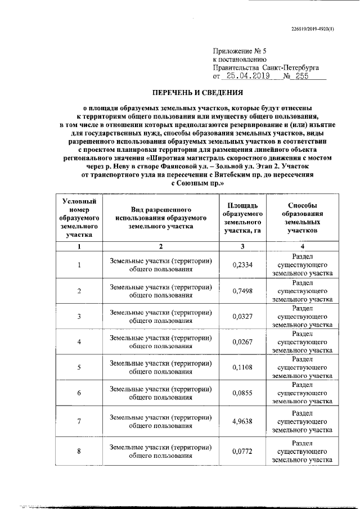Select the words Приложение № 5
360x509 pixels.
pyautogui.click(x=238, y=50)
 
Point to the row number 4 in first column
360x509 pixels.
pyautogui.click(x=79, y=342)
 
